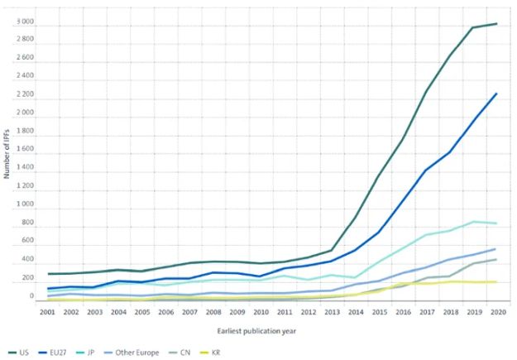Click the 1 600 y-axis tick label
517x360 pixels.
[25, 150]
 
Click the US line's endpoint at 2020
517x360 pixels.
[496, 23]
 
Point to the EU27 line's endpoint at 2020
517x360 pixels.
[496, 94]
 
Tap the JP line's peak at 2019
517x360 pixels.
[473, 221]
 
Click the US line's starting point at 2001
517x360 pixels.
[50, 274]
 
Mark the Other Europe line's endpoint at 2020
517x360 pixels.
[496, 248]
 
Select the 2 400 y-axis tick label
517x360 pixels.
[25, 77]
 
